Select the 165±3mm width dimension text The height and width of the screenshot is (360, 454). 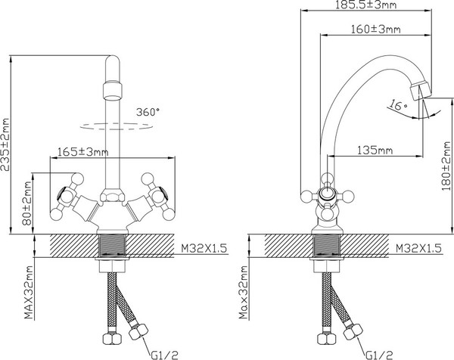tap(83, 152)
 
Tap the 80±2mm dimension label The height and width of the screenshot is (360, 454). tap(27, 203)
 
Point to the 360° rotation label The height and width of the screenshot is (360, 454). tap(148, 112)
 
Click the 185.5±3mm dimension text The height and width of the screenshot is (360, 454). tap(365, 5)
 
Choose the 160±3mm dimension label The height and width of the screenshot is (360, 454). tap(375, 29)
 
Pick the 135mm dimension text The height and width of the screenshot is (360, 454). tap(375, 151)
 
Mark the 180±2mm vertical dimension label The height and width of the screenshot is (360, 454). tap(446, 166)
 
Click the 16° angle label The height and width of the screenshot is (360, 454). tap(397, 105)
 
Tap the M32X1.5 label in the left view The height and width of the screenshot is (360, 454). tap(204, 248)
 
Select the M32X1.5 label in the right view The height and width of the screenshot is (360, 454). tap(418, 248)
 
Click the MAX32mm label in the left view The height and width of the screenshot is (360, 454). tap(29, 292)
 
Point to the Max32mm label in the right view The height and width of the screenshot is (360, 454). tap(244, 292)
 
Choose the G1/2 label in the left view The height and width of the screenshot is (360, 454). tap(164, 355)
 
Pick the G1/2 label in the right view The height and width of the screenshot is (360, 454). tap(379, 355)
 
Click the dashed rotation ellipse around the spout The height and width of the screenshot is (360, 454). tap(116, 126)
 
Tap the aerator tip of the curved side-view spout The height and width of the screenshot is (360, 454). tap(421, 91)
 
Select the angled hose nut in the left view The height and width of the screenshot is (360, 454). tap(138, 331)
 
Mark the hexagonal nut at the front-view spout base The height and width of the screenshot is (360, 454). tap(112, 195)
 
